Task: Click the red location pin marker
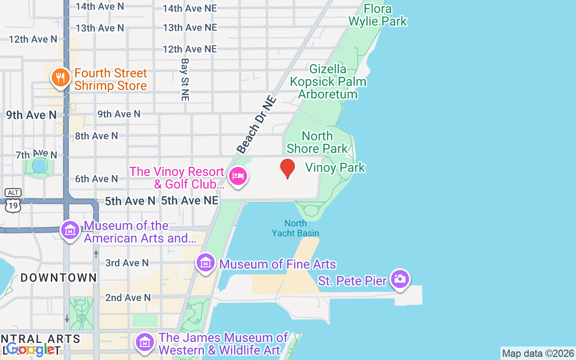point(288,169)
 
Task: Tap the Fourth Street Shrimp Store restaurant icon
point(59,78)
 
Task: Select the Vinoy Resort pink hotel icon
point(238,176)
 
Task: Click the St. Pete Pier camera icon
point(400,279)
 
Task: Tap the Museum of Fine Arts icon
point(206,262)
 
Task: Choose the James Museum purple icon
point(145,342)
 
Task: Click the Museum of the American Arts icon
point(70,230)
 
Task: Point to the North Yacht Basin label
point(296,228)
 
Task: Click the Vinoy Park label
point(335,167)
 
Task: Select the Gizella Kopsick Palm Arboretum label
point(328,81)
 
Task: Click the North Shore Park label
point(317,142)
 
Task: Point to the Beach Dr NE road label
point(256,124)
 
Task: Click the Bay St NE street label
point(184,79)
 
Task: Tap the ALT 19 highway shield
point(13,201)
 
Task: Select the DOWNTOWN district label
point(59,278)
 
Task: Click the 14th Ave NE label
point(190,8)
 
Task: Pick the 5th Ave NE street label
point(190,201)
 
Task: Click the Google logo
point(31,349)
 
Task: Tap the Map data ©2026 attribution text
point(538,353)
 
